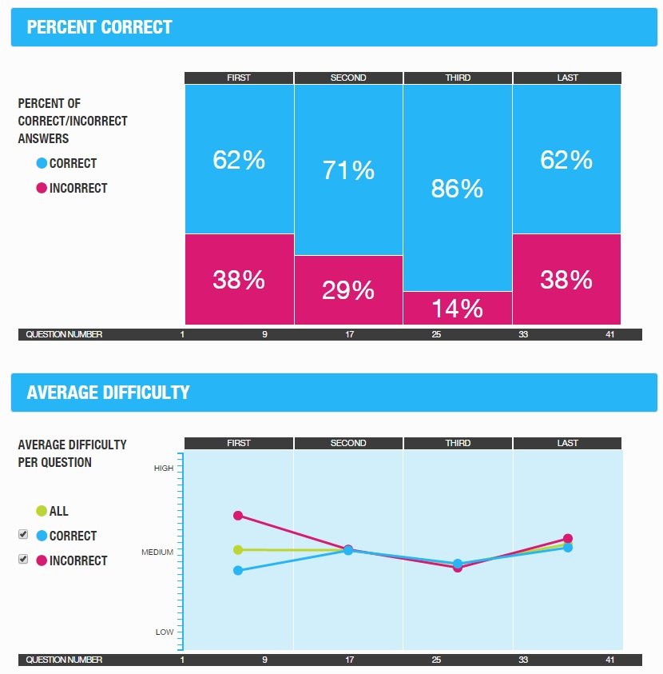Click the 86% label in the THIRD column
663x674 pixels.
click(x=457, y=189)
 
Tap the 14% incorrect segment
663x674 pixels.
click(x=457, y=308)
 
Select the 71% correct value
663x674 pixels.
click(x=348, y=170)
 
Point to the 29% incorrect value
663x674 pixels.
click(x=348, y=290)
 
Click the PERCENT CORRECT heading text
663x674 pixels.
click(x=99, y=27)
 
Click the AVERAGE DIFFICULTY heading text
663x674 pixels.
click(x=108, y=393)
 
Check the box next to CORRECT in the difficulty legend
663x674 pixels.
click(x=23, y=534)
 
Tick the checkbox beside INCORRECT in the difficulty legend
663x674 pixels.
click(x=23, y=559)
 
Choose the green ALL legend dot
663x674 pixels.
click(x=42, y=511)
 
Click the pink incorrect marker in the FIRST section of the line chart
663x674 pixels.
click(x=238, y=515)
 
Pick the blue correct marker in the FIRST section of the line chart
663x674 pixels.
click(x=238, y=570)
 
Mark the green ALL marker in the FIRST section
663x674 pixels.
click(x=238, y=549)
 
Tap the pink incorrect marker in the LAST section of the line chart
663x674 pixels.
click(x=568, y=538)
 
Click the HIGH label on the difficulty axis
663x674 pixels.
click(x=163, y=469)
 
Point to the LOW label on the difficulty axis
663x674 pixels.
click(x=165, y=632)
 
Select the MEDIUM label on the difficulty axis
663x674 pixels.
click(x=158, y=552)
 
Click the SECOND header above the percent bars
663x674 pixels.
click(x=348, y=78)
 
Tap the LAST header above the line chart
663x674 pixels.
click(x=567, y=443)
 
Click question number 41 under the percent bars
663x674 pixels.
click(x=609, y=334)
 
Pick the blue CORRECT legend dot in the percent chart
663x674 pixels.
click(x=42, y=163)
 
